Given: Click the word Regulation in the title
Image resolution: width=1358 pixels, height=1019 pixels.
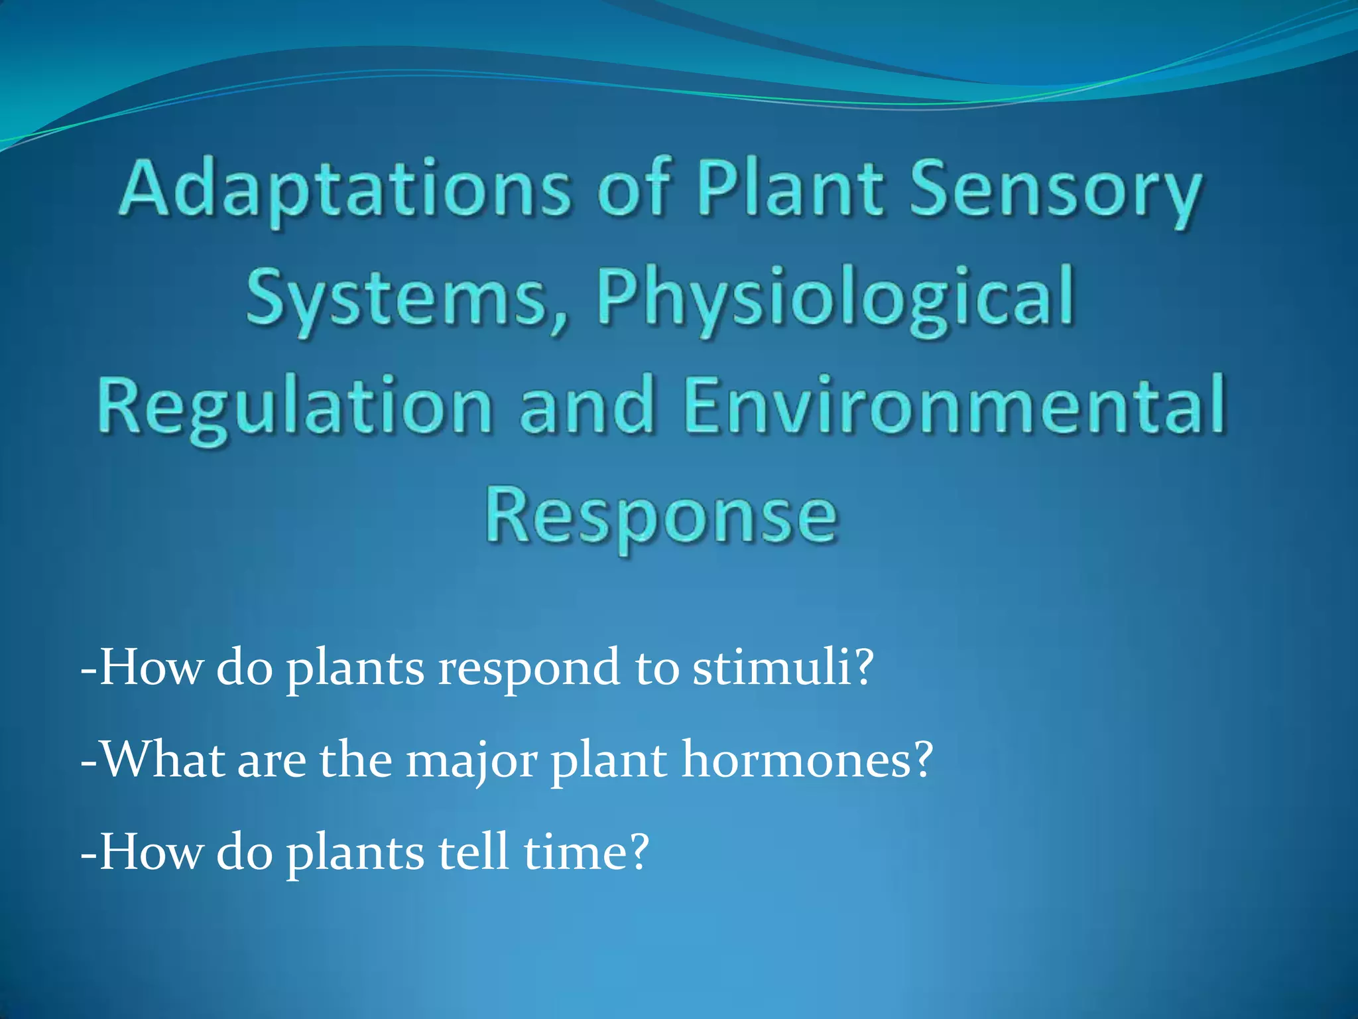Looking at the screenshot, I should point(294,405).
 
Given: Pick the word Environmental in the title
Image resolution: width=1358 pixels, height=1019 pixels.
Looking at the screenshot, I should point(954,405).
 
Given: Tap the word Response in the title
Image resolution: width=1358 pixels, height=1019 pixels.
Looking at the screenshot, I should point(662,515).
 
